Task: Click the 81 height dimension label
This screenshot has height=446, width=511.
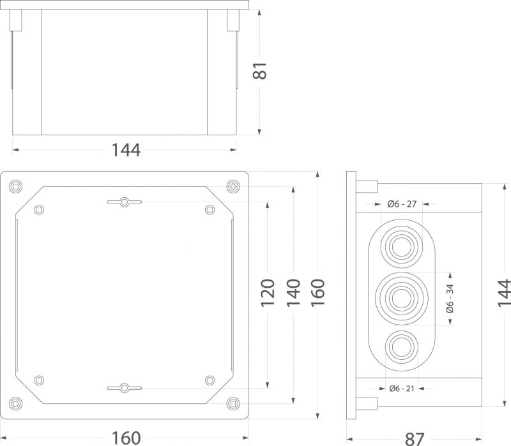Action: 260,71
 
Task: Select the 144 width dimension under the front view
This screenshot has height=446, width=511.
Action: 126,150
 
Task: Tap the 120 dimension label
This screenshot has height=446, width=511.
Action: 268,293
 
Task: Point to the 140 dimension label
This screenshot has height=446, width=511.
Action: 293,293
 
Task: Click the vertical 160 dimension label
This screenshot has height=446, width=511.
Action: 318,293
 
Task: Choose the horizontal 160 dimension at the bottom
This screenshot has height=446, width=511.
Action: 126,438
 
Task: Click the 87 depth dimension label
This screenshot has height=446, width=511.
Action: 415,439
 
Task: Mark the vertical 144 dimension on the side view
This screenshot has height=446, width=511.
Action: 504,293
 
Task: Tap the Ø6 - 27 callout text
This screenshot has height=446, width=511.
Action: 402,204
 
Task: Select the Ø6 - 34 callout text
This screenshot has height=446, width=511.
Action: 450,298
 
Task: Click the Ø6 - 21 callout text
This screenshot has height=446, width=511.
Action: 402,389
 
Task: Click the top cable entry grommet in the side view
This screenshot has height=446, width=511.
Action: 402,247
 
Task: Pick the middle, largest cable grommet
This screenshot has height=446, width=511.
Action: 402,298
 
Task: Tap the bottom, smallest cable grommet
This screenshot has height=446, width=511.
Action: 402,347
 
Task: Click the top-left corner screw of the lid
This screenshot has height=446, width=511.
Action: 15,186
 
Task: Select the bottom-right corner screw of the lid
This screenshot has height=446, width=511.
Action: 233,404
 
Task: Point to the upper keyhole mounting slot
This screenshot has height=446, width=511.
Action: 125,202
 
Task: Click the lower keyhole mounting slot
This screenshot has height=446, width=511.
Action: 125,388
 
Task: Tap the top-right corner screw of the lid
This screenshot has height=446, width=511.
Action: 233,186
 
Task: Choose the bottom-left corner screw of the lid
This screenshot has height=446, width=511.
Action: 15,404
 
